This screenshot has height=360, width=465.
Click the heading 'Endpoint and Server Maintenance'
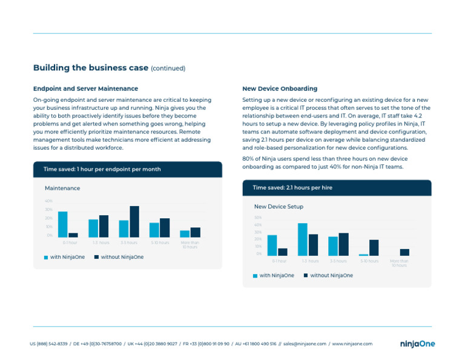[x=85, y=88]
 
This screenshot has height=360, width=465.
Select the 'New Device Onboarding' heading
[x=279, y=88]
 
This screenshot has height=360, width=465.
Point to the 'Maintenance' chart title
[x=62, y=188]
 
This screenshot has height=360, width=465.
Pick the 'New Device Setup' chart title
[x=279, y=207]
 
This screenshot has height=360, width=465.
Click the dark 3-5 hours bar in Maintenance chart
[x=134, y=221]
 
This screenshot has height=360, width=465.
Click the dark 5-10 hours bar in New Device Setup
[x=374, y=247]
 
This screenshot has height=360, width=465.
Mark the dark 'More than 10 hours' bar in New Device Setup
[x=404, y=252]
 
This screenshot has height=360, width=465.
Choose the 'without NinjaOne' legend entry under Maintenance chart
[x=119, y=257]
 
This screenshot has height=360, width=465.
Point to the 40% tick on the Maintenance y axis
[x=48, y=201]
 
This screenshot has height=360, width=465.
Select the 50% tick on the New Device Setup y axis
[x=257, y=218]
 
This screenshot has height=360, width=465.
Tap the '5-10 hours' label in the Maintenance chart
[x=159, y=242]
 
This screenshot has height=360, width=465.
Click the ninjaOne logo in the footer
[x=417, y=344]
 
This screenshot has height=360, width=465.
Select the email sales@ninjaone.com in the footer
[x=305, y=344]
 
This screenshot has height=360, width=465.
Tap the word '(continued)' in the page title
[x=168, y=68]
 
